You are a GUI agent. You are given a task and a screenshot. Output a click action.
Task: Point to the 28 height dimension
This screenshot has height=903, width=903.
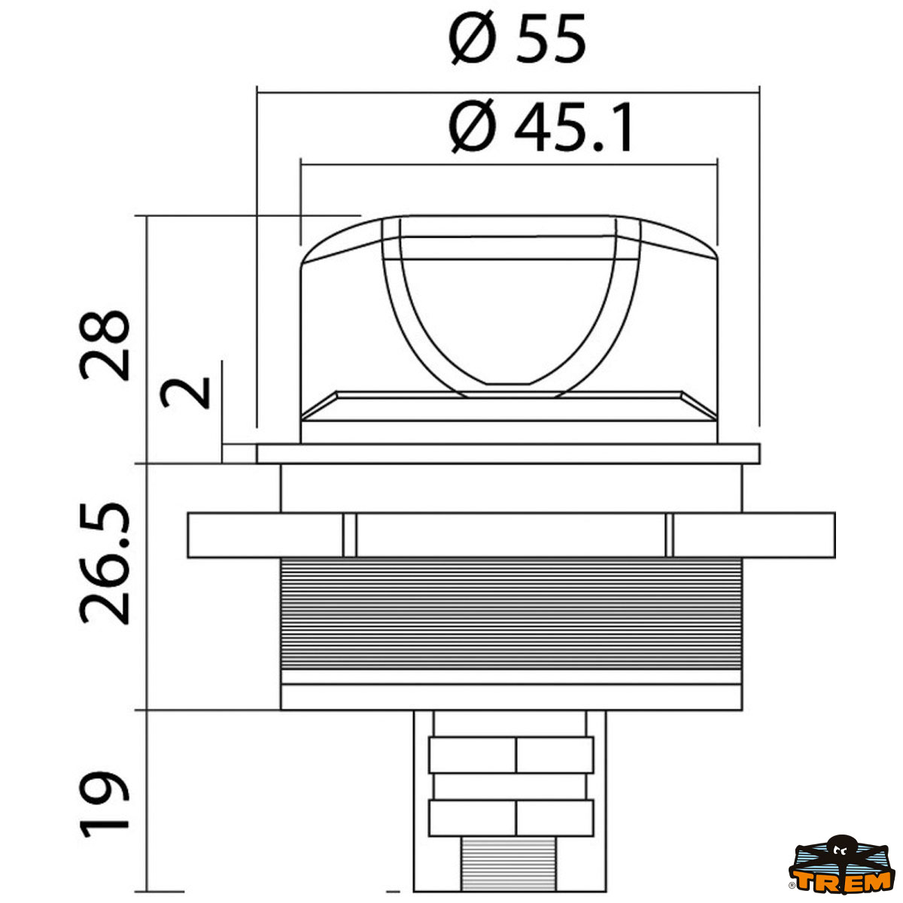coord(105,344)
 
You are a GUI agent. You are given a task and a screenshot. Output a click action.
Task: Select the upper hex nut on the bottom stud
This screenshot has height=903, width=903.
coord(511,755)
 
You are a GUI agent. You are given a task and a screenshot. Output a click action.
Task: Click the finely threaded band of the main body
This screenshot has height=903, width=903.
coord(511,613)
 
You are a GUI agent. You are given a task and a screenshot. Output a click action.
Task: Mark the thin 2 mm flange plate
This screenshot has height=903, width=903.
coord(508,454)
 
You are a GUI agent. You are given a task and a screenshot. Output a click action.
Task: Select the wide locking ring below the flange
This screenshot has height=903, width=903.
coord(511,535)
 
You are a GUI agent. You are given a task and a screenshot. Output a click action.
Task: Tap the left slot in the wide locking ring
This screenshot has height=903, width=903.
coord(349,535)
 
